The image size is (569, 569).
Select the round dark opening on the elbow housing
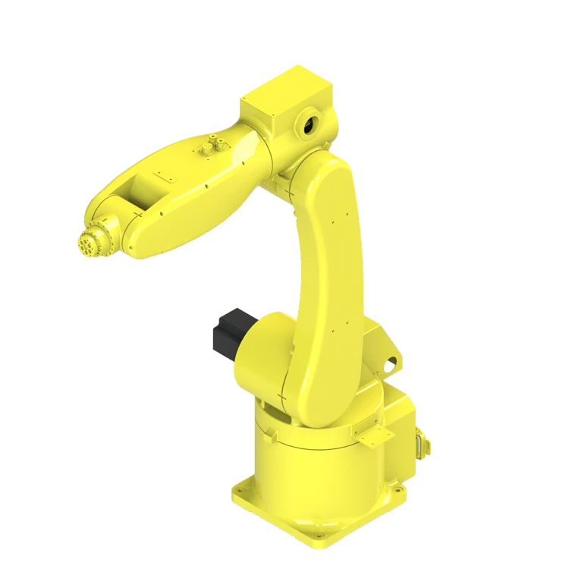click(310, 125)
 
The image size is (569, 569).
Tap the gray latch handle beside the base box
click(418, 440)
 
